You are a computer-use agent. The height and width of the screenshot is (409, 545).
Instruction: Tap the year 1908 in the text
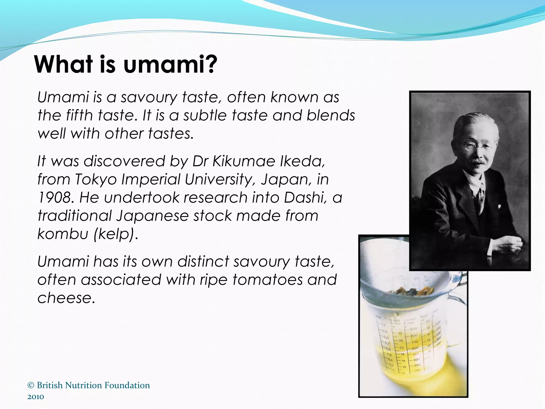[x=54, y=198]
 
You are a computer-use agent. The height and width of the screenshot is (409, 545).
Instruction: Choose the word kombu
[x=63, y=234]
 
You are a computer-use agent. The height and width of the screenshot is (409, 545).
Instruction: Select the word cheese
[x=66, y=298]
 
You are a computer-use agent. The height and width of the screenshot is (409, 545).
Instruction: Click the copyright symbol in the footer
[x=31, y=385]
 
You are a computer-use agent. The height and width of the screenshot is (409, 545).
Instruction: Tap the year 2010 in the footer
[x=36, y=397]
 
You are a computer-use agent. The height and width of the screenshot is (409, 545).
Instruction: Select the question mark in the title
[x=211, y=65]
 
